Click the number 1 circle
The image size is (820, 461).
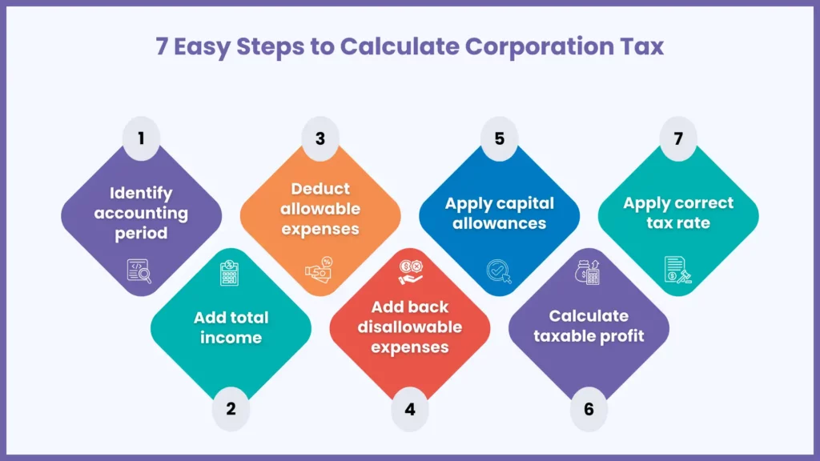coord(141,138)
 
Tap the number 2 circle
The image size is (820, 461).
coord(231,409)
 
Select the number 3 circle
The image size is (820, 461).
coord(320,138)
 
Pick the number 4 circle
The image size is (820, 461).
coord(410,409)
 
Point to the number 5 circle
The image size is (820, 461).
coord(500,138)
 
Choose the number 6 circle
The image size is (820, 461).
coord(589,409)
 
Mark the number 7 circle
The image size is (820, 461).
coord(678,138)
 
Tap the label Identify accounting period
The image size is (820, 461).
coord(141,213)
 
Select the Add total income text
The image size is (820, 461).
coord(231,327)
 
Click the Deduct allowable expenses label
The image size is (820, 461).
coord(320,209)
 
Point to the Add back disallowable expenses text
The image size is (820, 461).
coord(410,327)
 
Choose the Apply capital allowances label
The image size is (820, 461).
coord(500,213)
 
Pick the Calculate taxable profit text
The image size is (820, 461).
coord(589,326)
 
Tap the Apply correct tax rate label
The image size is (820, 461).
coord(678,213)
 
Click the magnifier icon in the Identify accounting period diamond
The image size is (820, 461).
coord(139,271)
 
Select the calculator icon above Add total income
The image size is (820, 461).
coord(231,273)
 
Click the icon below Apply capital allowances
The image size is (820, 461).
coord(499,272)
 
